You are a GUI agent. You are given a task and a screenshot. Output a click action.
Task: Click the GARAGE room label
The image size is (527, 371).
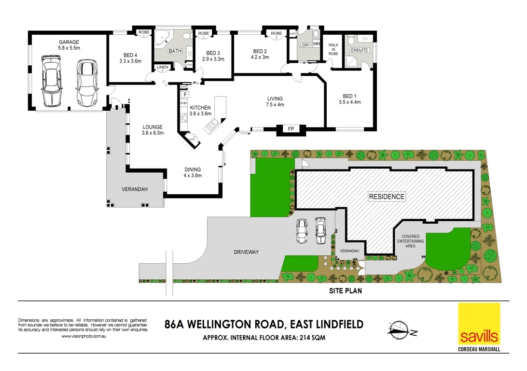(x=69, y=42)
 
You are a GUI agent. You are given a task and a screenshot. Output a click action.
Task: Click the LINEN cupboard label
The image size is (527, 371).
(x=162, y=67)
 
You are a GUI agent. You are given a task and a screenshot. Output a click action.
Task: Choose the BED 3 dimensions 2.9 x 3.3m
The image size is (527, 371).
(x=213, y=59)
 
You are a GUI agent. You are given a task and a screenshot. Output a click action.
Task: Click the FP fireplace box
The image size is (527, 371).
(x=291, y=129)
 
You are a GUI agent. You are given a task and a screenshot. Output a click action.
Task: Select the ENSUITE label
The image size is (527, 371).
(x=360, y=50)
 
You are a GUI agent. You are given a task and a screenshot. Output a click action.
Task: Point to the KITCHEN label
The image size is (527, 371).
(x=200, y=107)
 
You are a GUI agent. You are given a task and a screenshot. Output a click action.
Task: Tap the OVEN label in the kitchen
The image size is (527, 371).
(x=183, y=103)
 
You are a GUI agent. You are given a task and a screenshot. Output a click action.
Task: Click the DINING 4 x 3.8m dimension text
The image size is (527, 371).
(x=192, y=176)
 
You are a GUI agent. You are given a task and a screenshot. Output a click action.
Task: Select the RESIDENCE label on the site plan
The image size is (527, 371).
(x=387, y=197)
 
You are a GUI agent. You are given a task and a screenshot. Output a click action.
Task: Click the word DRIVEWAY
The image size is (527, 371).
(x=247, y=252)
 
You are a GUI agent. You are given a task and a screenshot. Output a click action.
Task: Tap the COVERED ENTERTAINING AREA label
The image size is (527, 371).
(x=410, y=241)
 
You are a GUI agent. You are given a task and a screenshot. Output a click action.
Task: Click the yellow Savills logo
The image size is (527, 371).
(x=479, y=324)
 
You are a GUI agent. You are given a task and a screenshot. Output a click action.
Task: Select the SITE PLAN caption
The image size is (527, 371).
(x=345, y=291)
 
